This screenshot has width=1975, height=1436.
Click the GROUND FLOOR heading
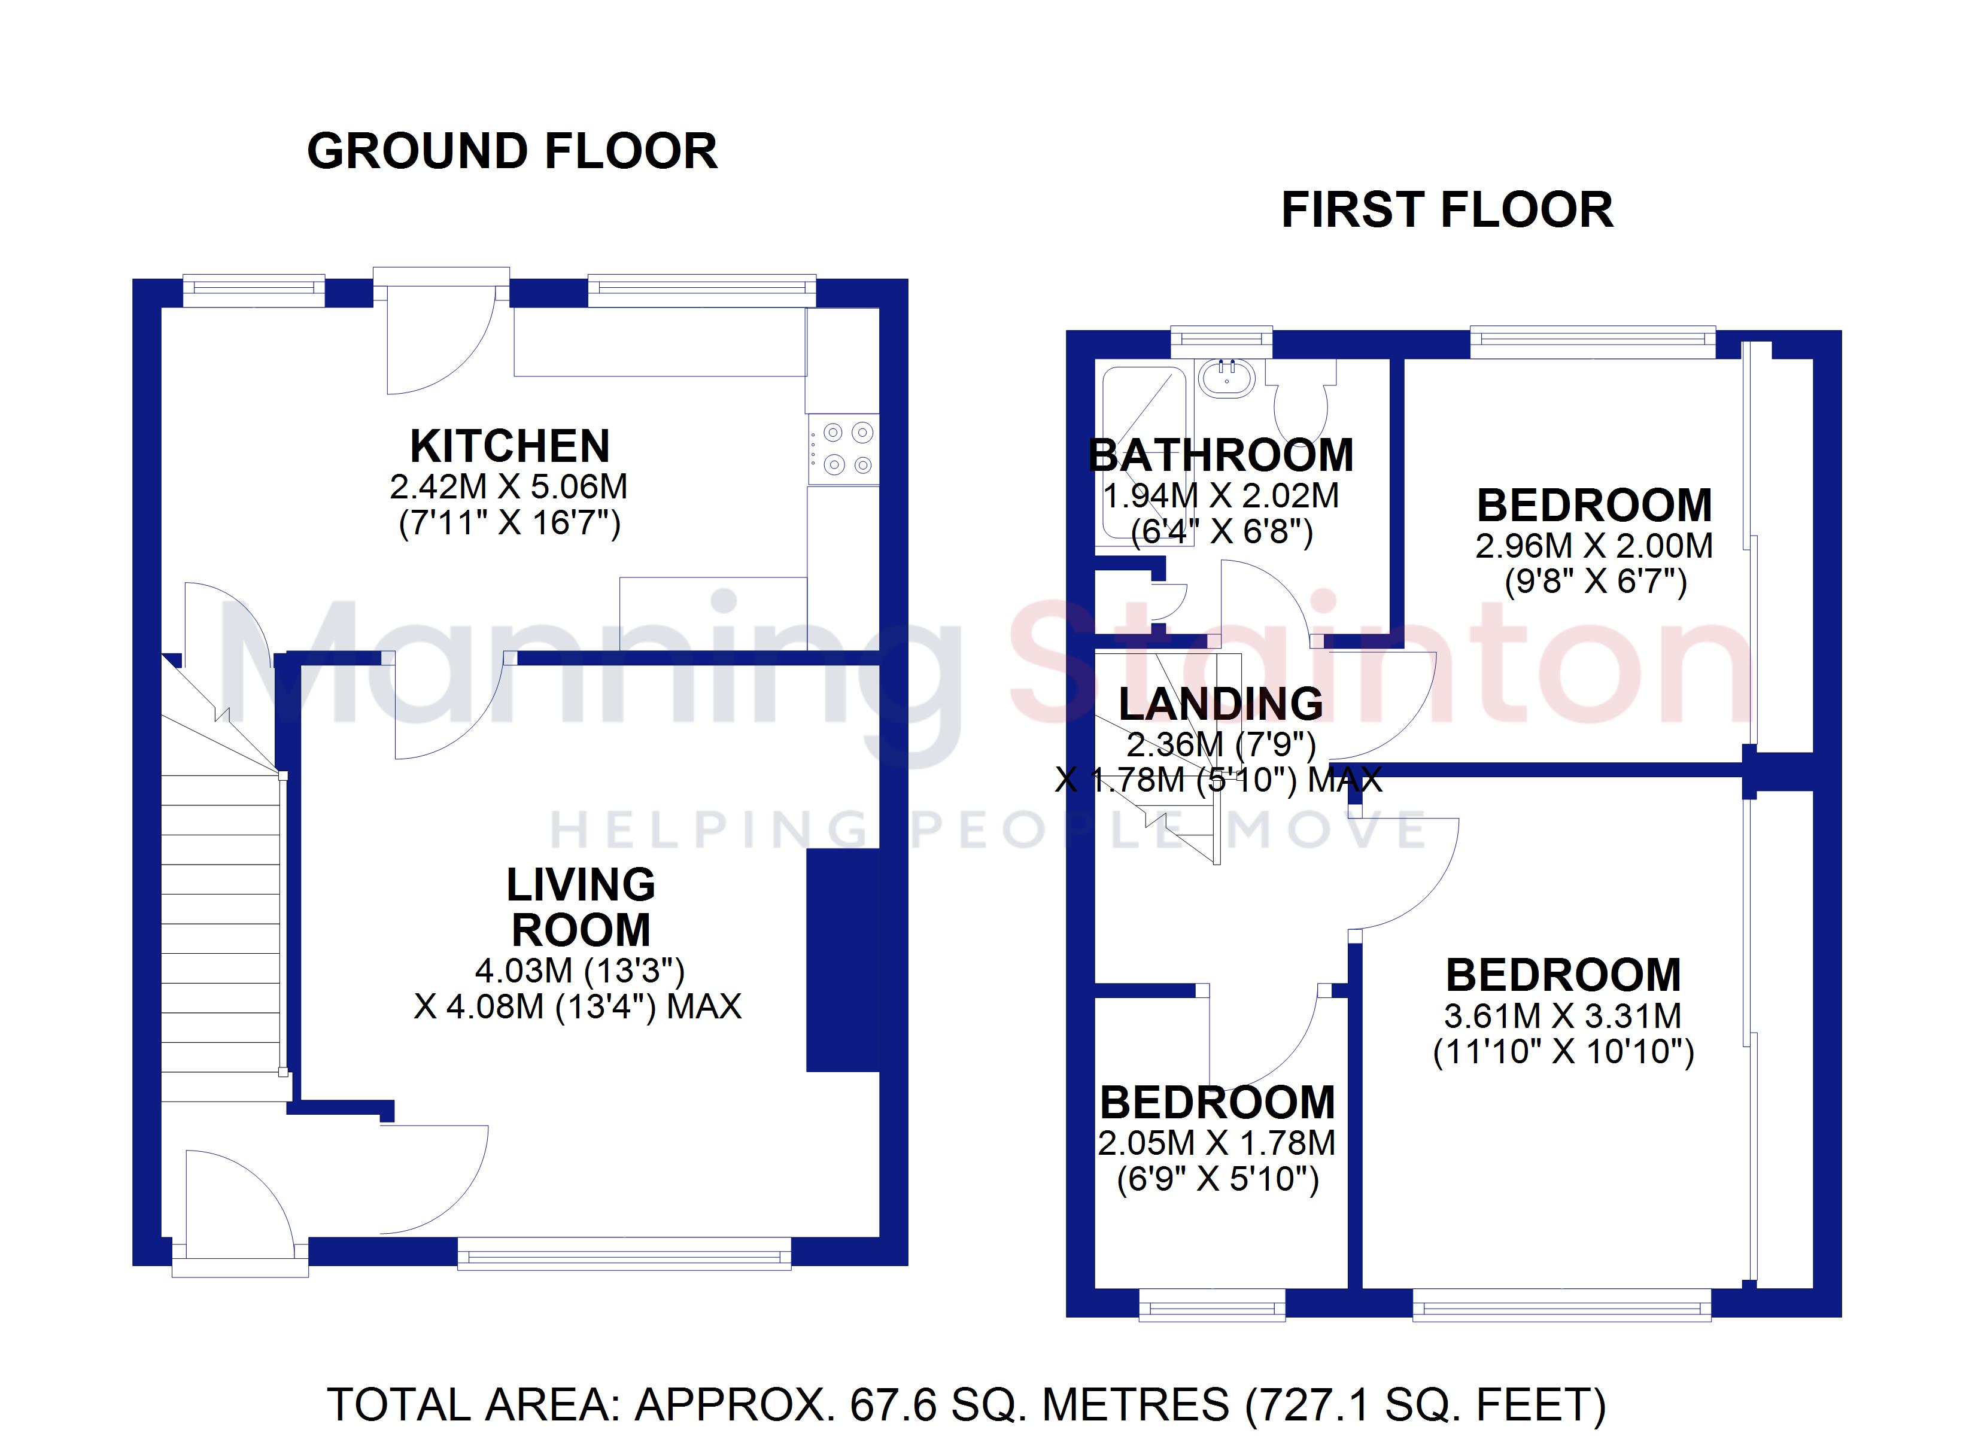pyautogui.click(x=512, y=151)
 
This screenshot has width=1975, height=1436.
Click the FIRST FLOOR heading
pyautogui.click(x=1447, y=210)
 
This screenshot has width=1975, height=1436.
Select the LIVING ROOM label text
pyautogui.click(x=581, y=908)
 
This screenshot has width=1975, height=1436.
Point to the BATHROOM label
pyautogui.click(x=1221, y=455)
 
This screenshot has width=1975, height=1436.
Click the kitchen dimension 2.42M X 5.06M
pyautogui.click(x=509, y=487)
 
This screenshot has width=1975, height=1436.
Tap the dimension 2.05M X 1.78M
pyautogui.click(x=1217, y=1143)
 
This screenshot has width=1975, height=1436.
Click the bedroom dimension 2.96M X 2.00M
pyautogui.click(x=1594, y=546)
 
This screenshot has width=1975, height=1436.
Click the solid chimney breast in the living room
pyautogui.click(x=843, y=960)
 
